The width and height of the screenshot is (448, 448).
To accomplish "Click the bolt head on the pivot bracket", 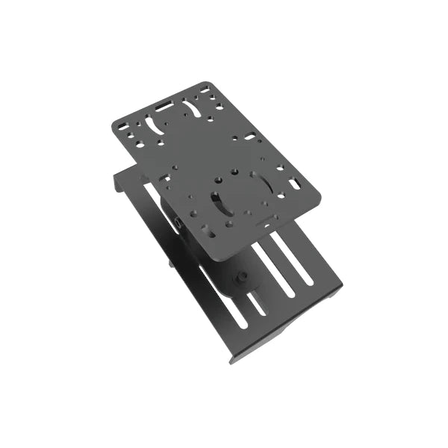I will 242,278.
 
